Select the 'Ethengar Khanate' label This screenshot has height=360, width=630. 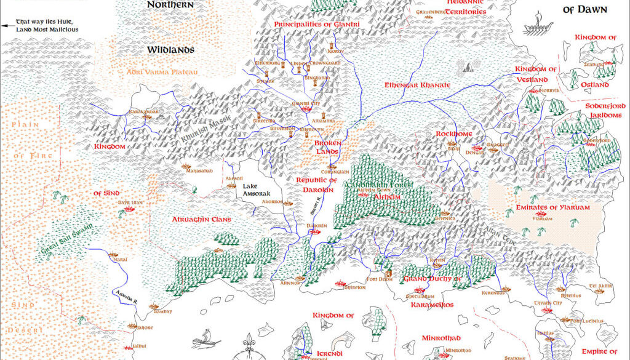(417, 85)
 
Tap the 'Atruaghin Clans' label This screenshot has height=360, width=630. (201, 219)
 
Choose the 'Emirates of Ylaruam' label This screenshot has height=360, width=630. (552, 207)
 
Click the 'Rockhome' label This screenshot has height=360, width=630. (453, 134)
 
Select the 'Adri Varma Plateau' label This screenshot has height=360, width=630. (162, 72)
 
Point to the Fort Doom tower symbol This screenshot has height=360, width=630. (388, 271)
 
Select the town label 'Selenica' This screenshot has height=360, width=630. (444, 218)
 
